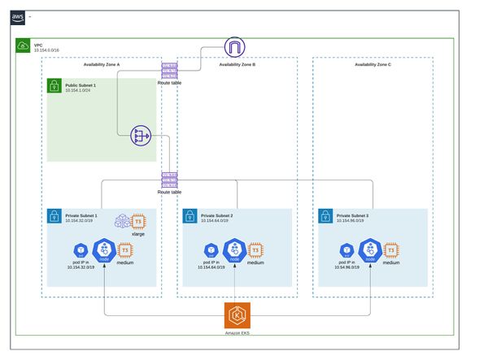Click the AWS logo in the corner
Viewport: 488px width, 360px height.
coord(19,16)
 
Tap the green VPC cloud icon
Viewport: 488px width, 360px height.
coord(22,46)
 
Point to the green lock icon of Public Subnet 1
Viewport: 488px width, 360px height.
coord(53,86)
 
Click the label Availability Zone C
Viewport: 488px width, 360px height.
coord(373,63)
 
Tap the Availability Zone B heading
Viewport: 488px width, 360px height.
coord(237,63)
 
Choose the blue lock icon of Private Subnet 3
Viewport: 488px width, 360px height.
coord(325,217)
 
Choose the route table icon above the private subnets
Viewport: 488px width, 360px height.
coord(169,180)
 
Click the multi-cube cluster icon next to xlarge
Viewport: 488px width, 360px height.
coord(120,221)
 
